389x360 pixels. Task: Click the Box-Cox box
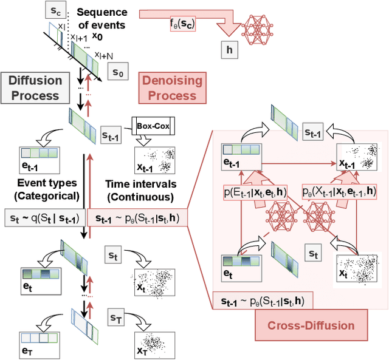click(152, 126)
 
